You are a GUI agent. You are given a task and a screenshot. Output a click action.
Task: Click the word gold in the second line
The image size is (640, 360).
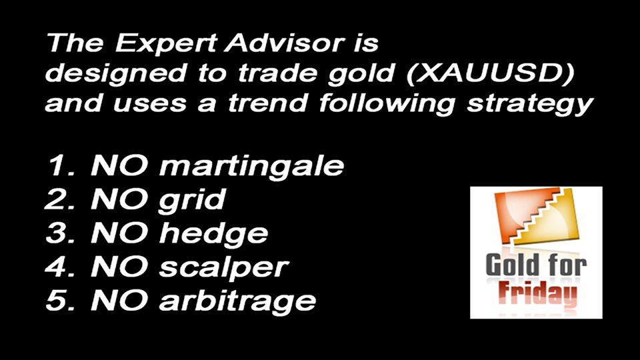[361, 74]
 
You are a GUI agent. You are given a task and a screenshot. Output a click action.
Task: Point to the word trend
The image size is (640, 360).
[268, 103]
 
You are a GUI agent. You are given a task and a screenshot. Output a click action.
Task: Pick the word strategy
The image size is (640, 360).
[530, 105]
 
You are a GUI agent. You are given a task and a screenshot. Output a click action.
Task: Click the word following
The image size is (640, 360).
[387, 104]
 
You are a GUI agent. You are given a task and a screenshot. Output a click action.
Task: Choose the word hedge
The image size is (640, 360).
[213, 234]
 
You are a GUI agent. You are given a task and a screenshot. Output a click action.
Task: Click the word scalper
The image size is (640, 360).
[224, 268]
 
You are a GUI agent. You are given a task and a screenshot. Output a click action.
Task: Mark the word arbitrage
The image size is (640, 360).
[237, 302]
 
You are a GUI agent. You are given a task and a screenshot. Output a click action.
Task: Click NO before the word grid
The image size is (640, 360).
[119, 199]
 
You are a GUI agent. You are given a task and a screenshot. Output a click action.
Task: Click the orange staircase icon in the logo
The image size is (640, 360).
[536, 216]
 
